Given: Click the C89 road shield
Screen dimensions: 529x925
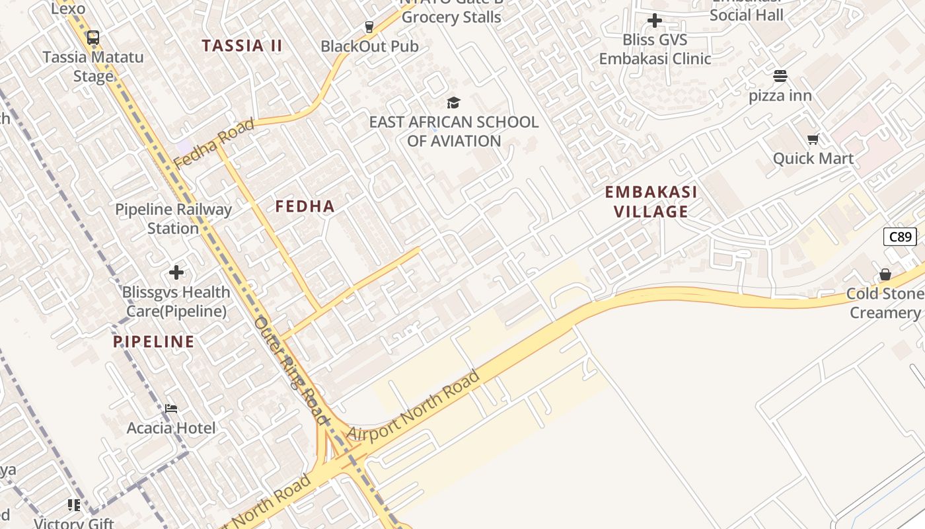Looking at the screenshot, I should tap(900, 236).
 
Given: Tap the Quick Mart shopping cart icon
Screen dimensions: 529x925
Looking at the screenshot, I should tap(813, 139).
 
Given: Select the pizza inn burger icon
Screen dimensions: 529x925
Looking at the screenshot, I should tap(780, 76).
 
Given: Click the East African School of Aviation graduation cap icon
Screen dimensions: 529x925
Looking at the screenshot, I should tap(453, 102).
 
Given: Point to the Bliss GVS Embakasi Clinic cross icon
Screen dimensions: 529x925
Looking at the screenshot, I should tap(655, 21).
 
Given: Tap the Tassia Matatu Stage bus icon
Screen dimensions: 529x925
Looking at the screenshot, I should tap(93, 38).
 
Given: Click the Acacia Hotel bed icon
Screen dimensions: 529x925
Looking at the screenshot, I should tap(171, 409).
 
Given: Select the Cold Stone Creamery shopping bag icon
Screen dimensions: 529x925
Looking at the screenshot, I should tap(885, 274).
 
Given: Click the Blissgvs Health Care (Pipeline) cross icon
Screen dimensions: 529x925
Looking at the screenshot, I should tap(176, 272).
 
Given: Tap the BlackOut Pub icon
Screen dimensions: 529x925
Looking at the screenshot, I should tap(369, 27).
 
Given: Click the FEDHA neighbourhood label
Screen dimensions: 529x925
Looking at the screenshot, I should tap(305, 206).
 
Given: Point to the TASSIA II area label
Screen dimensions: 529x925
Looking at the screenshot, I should tap(242, 46).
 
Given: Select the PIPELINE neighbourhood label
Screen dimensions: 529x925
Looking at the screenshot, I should tap(154, 342).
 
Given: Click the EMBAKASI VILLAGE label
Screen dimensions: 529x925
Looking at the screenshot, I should tap(651, 202).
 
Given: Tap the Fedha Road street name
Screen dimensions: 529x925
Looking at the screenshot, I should tap(213, 143).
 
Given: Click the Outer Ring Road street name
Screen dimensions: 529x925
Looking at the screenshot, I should tap(291, 370).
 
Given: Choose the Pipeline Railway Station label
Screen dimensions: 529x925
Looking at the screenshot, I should tap(173, 219).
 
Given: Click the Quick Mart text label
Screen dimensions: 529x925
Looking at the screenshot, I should tap(813, 159).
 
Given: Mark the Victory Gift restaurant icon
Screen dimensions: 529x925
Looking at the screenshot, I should tap(74, 505).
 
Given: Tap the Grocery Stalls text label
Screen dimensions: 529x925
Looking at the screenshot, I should tap(451, 17).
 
